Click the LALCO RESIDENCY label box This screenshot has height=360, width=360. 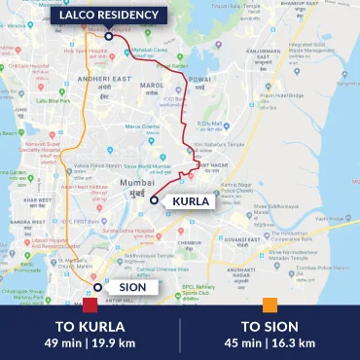[x=109, y=16]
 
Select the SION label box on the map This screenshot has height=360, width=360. [x=124, y=287]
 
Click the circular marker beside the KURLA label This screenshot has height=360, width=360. [x=154, y=199]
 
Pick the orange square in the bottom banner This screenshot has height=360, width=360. [x=270, y=306]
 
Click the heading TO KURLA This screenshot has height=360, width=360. [x=90, y=326]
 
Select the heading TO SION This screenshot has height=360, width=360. [x=270, y=326]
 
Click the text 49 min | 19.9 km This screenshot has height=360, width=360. [x=90, y=342]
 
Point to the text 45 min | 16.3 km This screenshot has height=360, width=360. [x=270, y=342]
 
